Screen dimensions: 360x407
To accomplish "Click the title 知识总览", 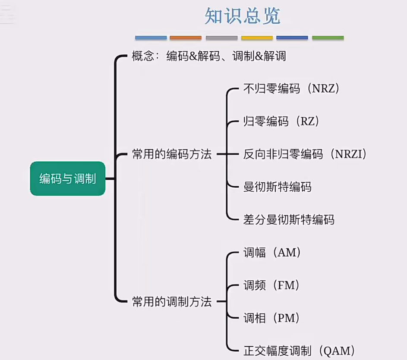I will (x=242, y=16).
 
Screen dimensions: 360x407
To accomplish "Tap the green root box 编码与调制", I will (x=67, y=178).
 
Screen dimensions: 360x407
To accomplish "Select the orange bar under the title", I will (x=186, y=38).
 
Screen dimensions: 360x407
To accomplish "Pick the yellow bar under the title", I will (x=257, y=38).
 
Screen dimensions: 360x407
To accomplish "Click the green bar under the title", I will (x=328, y=38).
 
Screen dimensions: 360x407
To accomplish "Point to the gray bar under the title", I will (x=221, y=38).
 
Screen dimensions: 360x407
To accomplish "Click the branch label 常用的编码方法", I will (x=172, y=155).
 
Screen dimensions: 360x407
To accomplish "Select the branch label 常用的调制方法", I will (x=172, y=302).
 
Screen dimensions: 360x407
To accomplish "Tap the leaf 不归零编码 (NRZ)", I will (x=292, y=88).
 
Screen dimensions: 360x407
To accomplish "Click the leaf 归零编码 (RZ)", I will (x=281, y=121).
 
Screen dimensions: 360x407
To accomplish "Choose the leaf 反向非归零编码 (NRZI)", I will (x=305, y=154).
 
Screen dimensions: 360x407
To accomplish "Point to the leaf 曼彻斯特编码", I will (x=277, y=187).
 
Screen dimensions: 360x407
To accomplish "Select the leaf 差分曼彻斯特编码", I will (x=289, y=220).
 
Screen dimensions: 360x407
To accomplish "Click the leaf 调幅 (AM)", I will (x=272, y=252).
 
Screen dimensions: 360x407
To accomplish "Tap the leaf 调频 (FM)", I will (x=271, y=285).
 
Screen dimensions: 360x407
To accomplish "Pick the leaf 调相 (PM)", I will (x=271, y=318).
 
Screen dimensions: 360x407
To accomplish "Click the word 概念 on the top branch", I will (x=143, y=56).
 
